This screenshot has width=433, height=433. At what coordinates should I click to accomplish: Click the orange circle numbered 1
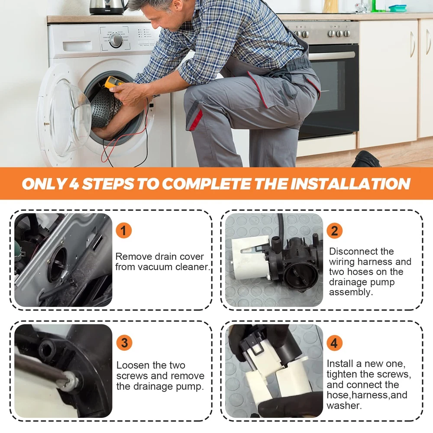(123, 231)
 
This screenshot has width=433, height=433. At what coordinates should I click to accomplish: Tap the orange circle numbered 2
(334, 231)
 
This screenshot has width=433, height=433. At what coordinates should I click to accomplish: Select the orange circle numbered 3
(124, 343)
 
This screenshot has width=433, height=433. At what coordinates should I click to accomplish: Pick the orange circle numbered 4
(334, 343)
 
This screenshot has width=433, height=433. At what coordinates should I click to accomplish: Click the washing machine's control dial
(116, 40)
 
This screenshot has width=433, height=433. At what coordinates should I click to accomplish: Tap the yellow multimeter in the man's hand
(113, 83)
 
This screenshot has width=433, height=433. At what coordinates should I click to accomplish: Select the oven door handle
(332, 55)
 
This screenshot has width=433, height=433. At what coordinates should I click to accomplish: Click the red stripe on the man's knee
(196, 120)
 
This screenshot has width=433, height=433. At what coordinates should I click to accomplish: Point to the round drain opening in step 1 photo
(58, 264)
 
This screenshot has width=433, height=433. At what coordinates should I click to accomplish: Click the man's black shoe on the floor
(366, 159)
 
